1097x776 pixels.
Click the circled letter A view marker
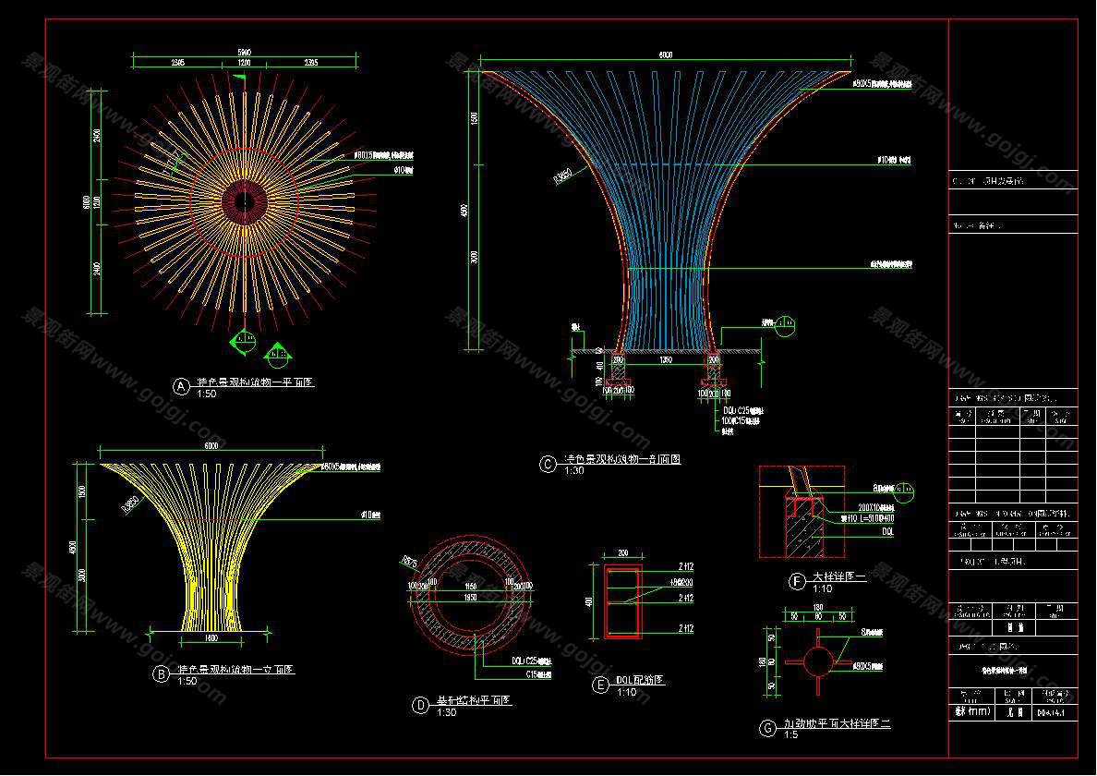pyautogui.click(x=182, y=385)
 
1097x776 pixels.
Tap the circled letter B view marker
pyautogui.click(x=162, y=674)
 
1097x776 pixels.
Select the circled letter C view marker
pyautogui.click(x=548, y=464)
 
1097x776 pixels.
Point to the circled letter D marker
pyautogui.click(x=420, y=706)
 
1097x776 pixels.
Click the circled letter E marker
pyautogui.click(x=601, y=685)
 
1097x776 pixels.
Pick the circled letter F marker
pyautogui.click(x=796, y=581)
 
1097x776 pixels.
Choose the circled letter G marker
pyautogui.click(x=767, y=729)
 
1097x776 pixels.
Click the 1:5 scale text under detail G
pyautogui.click(x=790, y=736)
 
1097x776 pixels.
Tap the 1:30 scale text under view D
pyautogui.click(x=446, y=712)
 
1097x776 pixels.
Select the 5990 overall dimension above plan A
pyautogui.click(x=245, y=52)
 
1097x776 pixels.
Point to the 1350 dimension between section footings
pyautogui.click(x=665, y=360)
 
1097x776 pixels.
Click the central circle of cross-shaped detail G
pyautogui.click(x=817, y=662)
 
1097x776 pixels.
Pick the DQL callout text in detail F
pyautogui.click(x=886, y=533)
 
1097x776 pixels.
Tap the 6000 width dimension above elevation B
pyautogui.click(x=211, y=446)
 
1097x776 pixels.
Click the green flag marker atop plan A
pyautogui.click(x=243, y=79)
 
